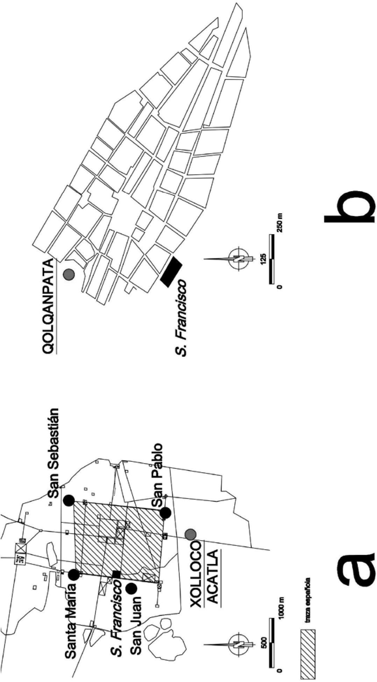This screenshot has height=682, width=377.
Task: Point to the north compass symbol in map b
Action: click(239, 260)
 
